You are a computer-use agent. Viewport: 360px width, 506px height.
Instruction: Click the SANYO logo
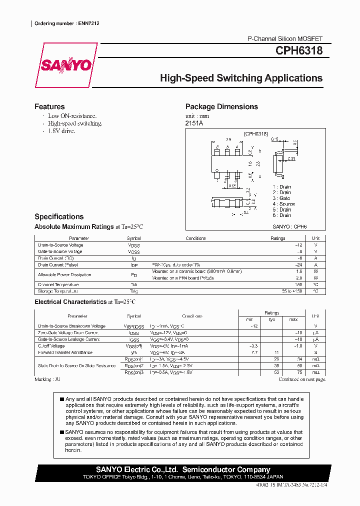click(x=66, y=65)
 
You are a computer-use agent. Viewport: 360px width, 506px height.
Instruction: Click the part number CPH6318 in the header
click(x=298, y=51)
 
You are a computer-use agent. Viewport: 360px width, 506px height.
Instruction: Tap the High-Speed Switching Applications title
click(x=241, y=78)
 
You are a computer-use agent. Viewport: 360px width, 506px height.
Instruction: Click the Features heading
click(x=49, y=106)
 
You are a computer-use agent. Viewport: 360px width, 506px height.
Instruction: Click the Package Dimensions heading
click(x=221, y=106)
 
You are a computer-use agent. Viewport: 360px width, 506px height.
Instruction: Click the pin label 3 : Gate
click(x=281, y=198)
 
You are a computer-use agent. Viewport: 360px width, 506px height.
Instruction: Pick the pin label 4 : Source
click(x=283, y=204)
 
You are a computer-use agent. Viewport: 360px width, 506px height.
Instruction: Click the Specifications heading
click(x=59, y=216)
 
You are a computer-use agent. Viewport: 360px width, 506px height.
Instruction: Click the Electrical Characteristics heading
click(x=84, y=302)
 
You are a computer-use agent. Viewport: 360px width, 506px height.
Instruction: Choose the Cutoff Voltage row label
click(x=51, y=346)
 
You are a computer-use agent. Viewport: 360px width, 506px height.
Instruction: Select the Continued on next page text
click(x=302, y=379)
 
